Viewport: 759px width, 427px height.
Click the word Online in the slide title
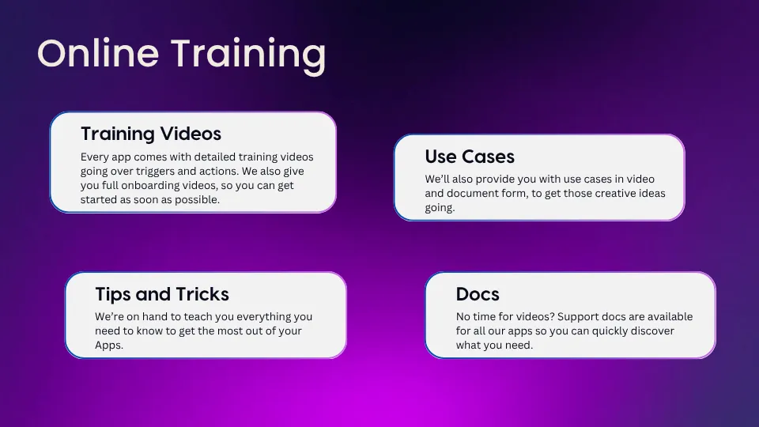(x=98, y=53)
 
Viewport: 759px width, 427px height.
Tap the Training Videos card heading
(x=151, y=134)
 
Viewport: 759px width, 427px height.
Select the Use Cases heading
(x=470, y=157)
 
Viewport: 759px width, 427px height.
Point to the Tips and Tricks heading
(x=161, y=294)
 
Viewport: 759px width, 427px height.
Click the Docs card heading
(x=478, y=294)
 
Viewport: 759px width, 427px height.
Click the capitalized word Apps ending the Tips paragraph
(x=109, y=346)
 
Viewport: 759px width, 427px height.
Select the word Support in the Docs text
(x=577, y=316)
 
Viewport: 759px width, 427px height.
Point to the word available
(x=670, y=316)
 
